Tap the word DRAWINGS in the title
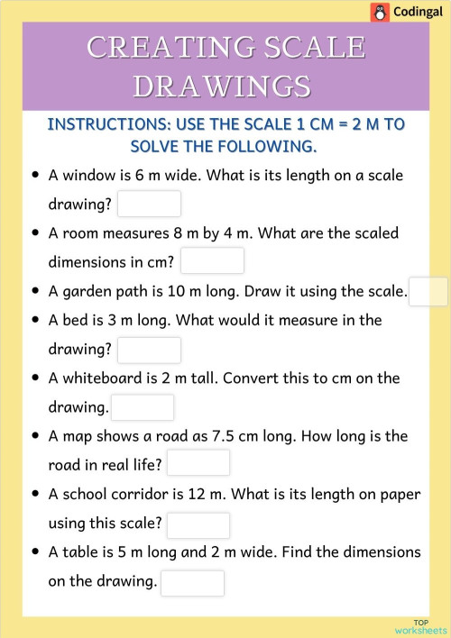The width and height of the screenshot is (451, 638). pyautogui.click(x=222, y=86)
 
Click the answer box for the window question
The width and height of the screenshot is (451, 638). pyautogui.click(x=149, y=204)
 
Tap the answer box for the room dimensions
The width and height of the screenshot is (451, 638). pyautogui.click(x=212, y=261)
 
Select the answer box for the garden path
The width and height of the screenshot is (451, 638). pyautogui.click(x=428, y=291)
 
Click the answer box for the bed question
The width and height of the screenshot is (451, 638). pyautogui.click(x=149, y=350)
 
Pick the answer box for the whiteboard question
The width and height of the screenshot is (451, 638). pyautogui.click(x=142, y=407)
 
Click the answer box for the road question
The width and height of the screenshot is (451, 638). pyautogui.click(x=198, y=464)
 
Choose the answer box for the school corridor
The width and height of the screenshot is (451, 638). pyautogui.click(x=198, y=524)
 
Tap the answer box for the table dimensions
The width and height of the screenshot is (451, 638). pyautogui.click(x=191, y=582)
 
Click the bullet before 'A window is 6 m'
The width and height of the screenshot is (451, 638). pyautogui.click(x=34, y=175)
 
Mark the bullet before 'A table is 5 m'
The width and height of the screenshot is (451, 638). pyautogui.click(x=34, y=551)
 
